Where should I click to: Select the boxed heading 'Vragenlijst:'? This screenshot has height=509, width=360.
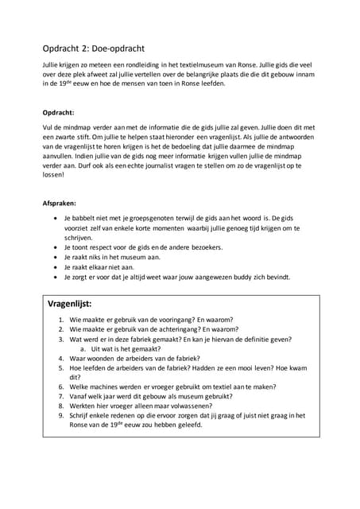click(70, 304)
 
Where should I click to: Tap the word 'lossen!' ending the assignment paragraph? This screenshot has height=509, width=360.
click(54, 180)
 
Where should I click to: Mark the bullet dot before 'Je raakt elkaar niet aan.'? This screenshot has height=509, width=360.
click(54, 267)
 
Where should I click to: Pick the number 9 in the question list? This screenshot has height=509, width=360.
click(62, 416)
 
